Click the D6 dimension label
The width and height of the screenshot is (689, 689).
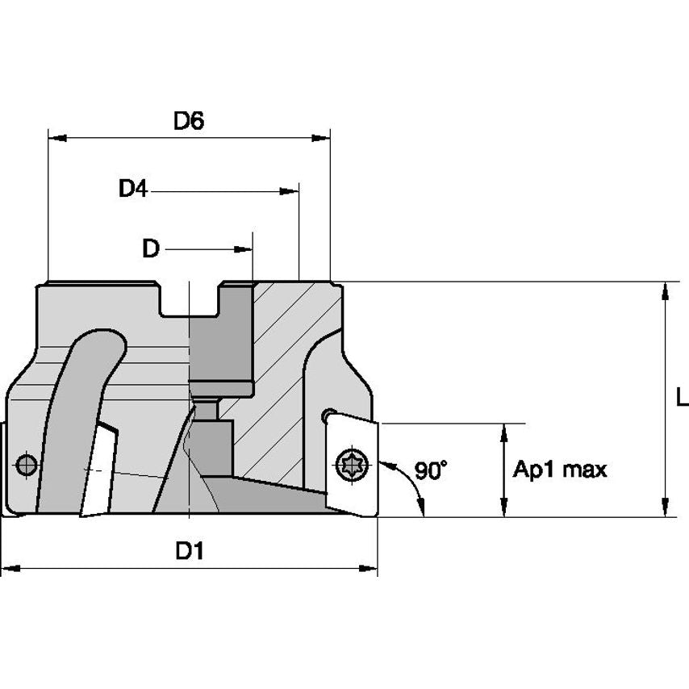[189, 121]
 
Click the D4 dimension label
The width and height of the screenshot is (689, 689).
[133, 190]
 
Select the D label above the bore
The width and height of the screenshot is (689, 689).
[151, 249]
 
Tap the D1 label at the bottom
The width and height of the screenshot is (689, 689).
[189, 552]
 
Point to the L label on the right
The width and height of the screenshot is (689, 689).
[682, 398]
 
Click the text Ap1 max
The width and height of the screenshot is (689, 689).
[560, 470]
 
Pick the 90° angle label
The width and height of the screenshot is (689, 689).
[431, 470]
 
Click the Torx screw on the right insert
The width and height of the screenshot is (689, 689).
[353, 466]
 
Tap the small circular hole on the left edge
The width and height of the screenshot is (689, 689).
[26, 465]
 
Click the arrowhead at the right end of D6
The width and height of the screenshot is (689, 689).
[323, 138]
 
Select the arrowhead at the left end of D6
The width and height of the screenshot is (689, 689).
[56, 138]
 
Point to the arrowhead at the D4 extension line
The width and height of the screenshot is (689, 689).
[290, 191]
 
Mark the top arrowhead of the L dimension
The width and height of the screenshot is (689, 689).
[665, 290]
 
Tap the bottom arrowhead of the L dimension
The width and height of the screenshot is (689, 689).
[665, 508]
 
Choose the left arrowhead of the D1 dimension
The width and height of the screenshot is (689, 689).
[10, 570]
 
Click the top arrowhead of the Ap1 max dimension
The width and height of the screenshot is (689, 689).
[505, 431]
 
